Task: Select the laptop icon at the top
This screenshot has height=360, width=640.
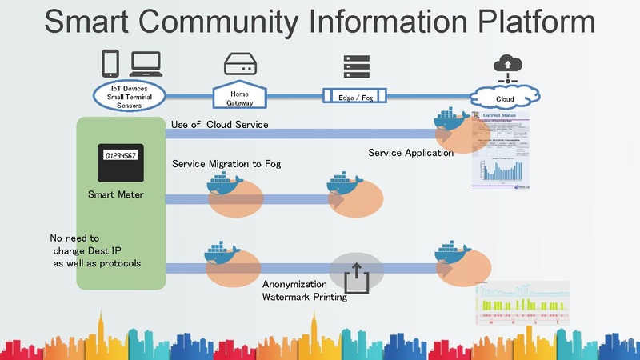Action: [146, 63]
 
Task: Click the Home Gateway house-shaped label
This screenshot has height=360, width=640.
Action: [239, 97]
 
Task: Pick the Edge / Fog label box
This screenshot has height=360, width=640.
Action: [355, 97]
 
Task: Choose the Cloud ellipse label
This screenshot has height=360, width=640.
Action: [504, 98]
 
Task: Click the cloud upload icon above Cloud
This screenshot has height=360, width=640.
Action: [505, 67]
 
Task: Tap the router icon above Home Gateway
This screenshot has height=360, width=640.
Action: [240, 64]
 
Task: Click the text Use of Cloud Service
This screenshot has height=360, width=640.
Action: [219, 124]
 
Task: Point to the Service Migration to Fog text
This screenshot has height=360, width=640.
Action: [226, 164]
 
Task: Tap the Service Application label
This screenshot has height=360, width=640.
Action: [410, 153]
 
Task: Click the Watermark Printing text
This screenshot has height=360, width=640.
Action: [304, 298]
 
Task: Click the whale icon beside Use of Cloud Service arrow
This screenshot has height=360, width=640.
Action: [450, 124]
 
